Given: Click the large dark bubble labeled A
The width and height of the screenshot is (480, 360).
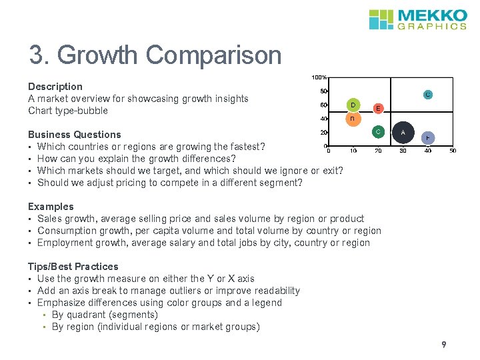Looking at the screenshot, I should coord(403,133).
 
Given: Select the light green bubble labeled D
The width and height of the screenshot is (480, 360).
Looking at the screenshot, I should coord(353,105).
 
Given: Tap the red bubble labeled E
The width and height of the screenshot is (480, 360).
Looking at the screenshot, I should coord(377,108).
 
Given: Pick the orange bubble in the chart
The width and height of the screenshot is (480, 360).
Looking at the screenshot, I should coord(353,119).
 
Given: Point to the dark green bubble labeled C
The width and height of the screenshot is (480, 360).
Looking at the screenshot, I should coord(377,132).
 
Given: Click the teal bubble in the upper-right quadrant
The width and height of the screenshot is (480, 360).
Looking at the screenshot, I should coord(428,95).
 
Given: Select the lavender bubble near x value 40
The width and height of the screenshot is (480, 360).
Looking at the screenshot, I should coord(428,137).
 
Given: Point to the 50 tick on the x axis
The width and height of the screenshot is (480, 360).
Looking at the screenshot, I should coord(453,151).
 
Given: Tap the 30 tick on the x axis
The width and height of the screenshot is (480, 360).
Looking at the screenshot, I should coord(403,151).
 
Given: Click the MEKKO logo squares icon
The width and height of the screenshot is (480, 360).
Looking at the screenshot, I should coord(381,19).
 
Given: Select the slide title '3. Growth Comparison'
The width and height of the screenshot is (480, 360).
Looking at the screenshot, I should coord(155,55).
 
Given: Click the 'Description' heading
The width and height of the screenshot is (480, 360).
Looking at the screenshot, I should coord(55,87).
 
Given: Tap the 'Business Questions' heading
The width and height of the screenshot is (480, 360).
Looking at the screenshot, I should coord(75,135).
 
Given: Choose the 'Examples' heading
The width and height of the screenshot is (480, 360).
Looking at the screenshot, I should coord(51,207).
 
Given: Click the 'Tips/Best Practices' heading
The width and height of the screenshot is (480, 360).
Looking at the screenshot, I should coord(73,267).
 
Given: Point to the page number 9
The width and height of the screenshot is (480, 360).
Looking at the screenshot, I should coord(443,345).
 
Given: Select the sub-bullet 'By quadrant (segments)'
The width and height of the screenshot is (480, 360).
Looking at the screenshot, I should coord(105,315).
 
